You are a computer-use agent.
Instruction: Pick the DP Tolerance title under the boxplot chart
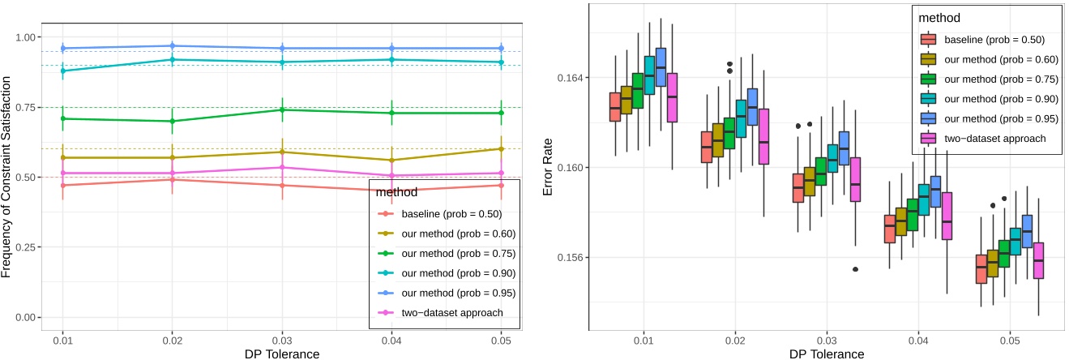827,354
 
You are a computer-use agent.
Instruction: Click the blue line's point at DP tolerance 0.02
172,46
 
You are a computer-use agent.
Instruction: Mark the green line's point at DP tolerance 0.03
282,109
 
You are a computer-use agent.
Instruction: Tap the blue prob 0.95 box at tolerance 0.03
844,148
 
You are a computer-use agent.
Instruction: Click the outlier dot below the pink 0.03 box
855,269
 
